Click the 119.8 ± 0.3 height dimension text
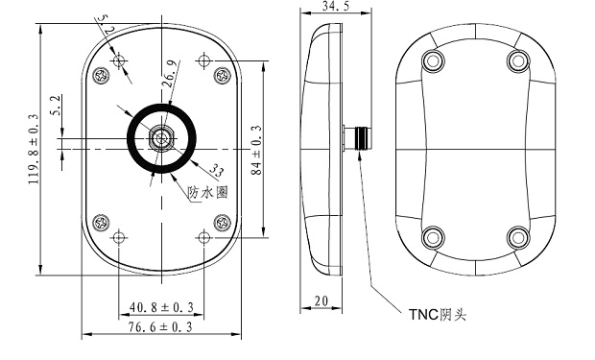(34, 150)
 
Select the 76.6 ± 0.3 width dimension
(160, 327)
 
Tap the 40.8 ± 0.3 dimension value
(160, 307)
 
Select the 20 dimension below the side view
(321, 301)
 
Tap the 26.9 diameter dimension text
(170, 75)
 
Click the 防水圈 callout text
(208, 192)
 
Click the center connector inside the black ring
(160, 138)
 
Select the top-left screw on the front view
(99, 73)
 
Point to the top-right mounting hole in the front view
(202, 61)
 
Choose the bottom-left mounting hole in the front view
(118, 237)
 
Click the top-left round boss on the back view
(434, 60)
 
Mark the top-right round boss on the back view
(517, 60)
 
